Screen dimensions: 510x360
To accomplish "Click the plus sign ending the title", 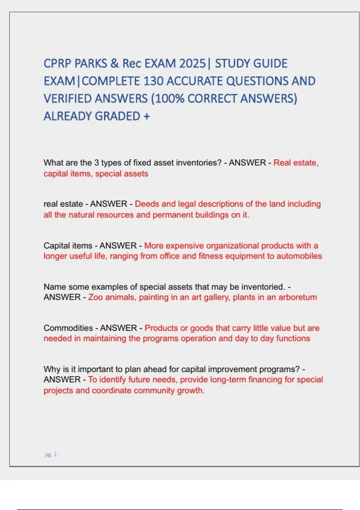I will tap(146, 116).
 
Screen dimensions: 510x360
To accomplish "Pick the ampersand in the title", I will tap(114, 64).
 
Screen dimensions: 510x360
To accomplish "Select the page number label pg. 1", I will tap(51, 454).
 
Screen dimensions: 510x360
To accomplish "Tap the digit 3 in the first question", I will tap(97, 163).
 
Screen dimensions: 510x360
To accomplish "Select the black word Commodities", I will tap(68, 328).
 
